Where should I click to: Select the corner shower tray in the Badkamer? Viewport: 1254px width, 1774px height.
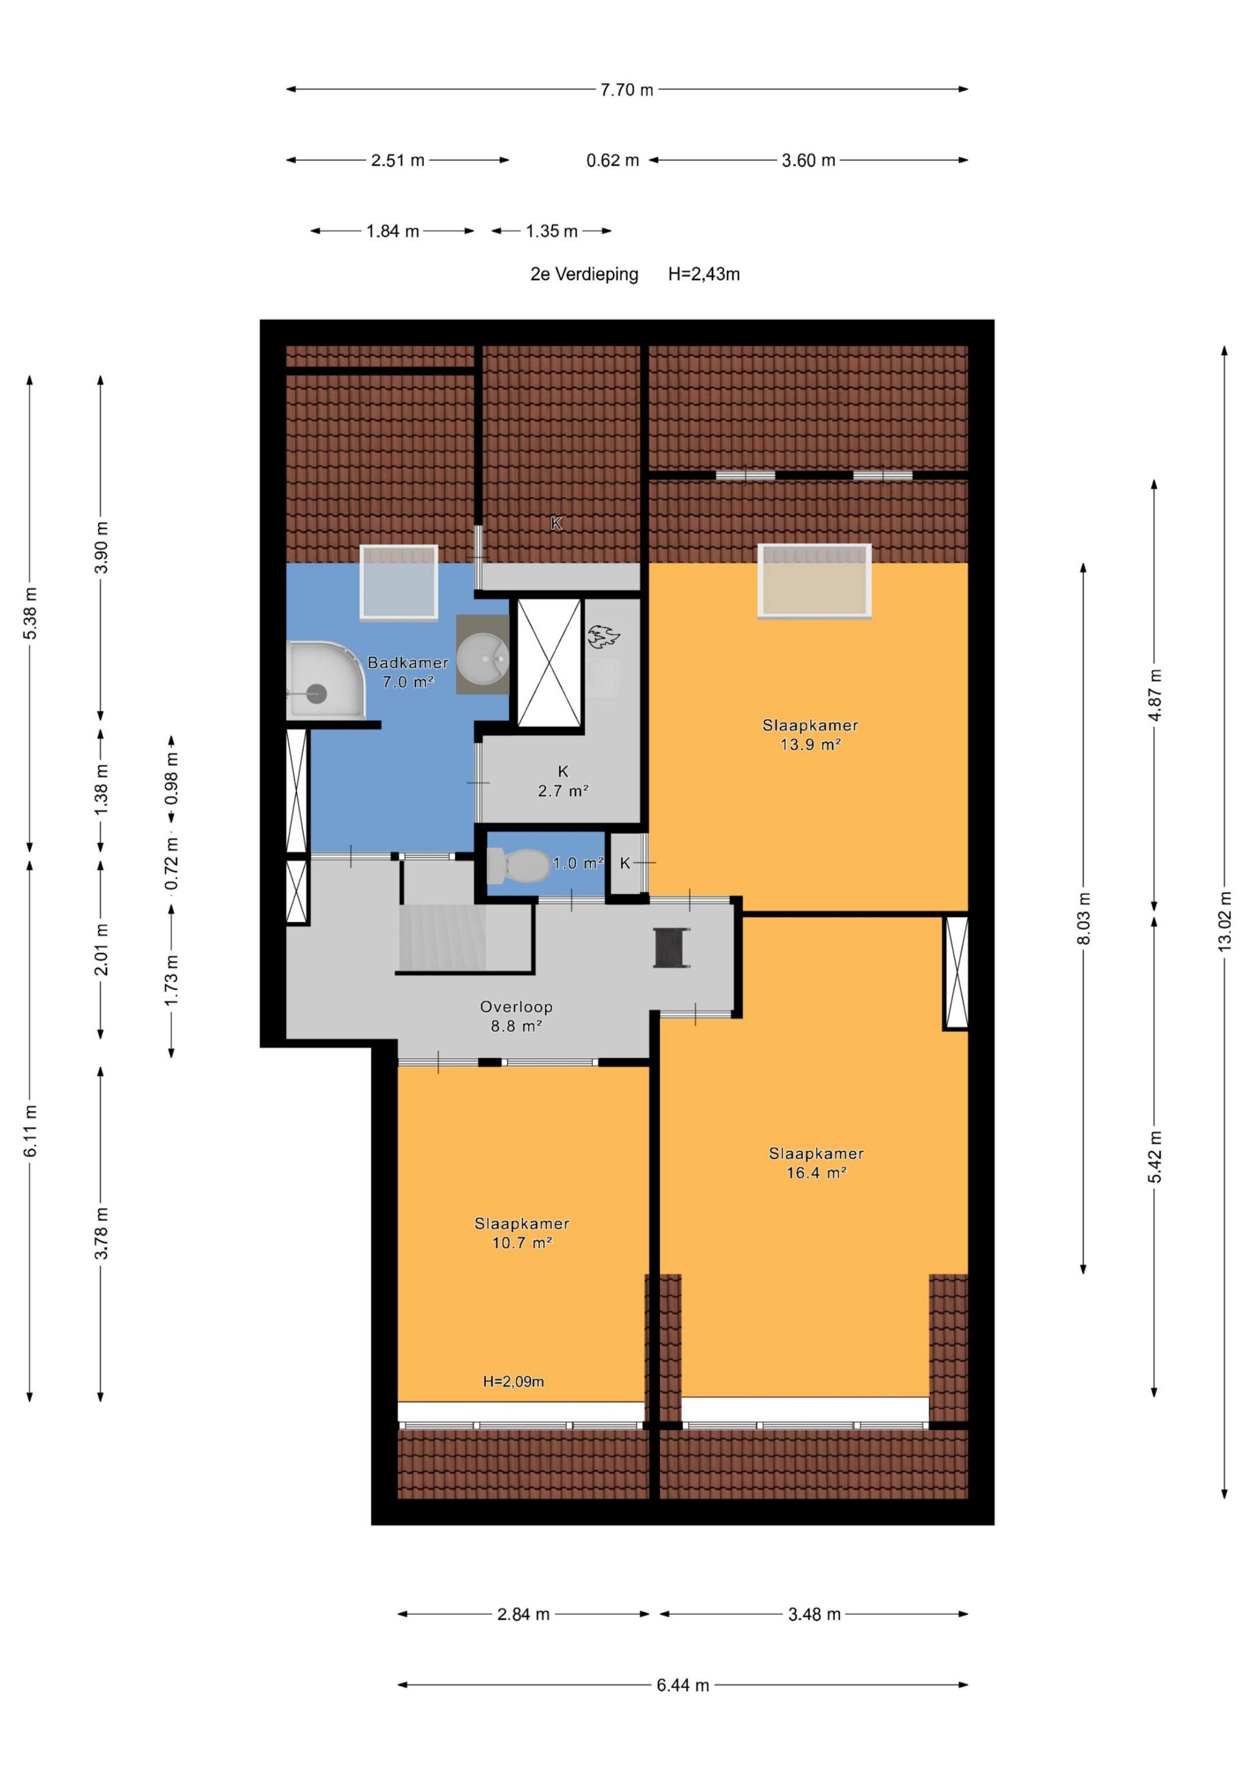tap(325, 681)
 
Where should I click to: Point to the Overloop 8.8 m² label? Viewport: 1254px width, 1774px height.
tap(516, 1016)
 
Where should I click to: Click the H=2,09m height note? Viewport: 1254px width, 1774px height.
tap(513, 1381)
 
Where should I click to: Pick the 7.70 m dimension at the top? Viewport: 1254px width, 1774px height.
tap(627, 90)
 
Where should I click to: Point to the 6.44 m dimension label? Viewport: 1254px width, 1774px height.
tap(683, 1685)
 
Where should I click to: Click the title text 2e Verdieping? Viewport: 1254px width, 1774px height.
tap(584, 274)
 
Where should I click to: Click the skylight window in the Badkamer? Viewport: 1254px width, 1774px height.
tap(398, 582)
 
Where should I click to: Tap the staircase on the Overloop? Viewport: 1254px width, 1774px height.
tap(442, 937)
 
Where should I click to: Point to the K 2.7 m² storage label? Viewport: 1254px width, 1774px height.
tap(563, 781)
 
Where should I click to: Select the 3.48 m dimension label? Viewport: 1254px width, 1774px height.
tap(814, 1614)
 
